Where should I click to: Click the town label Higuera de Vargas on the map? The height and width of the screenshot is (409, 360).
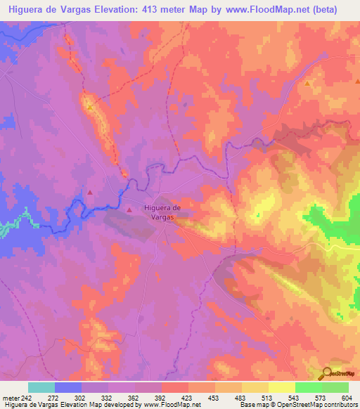pos(162,212)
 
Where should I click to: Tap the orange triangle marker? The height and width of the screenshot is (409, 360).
pos(308,84)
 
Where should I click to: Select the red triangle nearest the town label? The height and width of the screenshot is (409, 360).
pos(129,209)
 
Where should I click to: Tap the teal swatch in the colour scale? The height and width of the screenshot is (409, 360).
pos(41,387)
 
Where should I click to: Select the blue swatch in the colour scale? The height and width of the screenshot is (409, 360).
pos(68,387)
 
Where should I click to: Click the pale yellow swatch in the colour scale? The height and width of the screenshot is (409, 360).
pos(281,387)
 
